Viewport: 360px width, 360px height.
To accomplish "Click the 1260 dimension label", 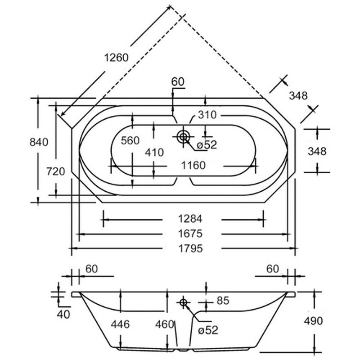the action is [116, 58].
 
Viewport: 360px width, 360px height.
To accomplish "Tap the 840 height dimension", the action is [39, 142].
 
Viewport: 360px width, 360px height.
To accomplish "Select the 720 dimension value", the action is [56, 171].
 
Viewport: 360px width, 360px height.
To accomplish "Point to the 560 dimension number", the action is [130, 140].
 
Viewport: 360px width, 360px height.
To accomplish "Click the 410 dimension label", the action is [154, 152].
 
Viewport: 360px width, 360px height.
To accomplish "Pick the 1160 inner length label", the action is [193, 165].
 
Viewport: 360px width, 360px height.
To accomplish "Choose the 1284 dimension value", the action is [190, 219].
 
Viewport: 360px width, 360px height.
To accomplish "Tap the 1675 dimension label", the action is [190, 234].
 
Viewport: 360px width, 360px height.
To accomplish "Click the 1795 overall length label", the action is [191, 249].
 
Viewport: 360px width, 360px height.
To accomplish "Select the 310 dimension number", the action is [207, 115].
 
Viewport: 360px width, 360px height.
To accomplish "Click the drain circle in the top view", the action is [183, 137].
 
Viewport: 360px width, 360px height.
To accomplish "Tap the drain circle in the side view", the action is [183, 302].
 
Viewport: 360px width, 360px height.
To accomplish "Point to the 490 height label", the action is [313, 321].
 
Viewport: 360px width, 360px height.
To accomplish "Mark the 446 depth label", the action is [120, 324].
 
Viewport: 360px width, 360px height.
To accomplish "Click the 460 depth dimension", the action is [165, 324].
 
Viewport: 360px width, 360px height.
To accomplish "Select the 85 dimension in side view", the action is [223, 301].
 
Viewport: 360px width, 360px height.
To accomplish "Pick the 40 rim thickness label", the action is [63, 315].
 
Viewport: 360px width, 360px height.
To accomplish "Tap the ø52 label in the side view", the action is [208, 330].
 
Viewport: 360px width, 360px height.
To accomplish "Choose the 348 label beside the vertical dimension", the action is [317, 152].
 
